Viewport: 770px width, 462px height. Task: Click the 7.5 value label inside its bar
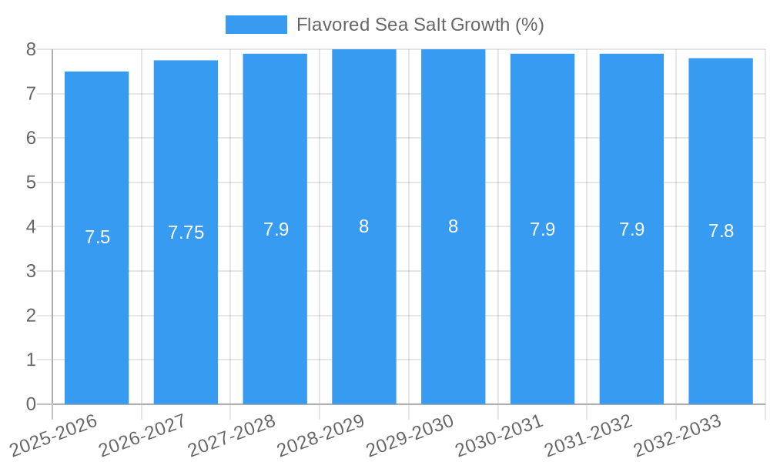[x=98, y=237]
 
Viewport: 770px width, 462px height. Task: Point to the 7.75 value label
[x=186, y=233]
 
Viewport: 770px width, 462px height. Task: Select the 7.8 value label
[x=721, y=230]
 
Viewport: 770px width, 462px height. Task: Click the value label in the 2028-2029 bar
[x=364, y=226]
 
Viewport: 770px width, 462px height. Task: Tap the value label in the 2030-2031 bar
[x=543, y=229]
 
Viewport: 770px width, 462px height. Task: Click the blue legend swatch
[x=256, y=25]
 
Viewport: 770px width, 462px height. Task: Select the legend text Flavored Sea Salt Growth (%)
[x=420, y=25]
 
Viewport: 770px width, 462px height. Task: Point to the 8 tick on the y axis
[x=31, y=49]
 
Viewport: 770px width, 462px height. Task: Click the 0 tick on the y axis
[x=31, y=404]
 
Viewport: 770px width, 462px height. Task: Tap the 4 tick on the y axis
[x=31, y=227]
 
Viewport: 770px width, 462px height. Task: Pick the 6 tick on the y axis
[x=31, y=139]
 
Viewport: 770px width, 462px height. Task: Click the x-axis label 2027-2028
[x=232, y=434]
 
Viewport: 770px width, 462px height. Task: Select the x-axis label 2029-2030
[x=410, y=434]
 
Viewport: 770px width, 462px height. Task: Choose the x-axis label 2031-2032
[x=588, y=434]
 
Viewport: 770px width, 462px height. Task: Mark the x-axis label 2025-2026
[x=54, y=434]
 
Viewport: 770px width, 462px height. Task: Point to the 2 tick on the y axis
[x=31, y=316]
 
